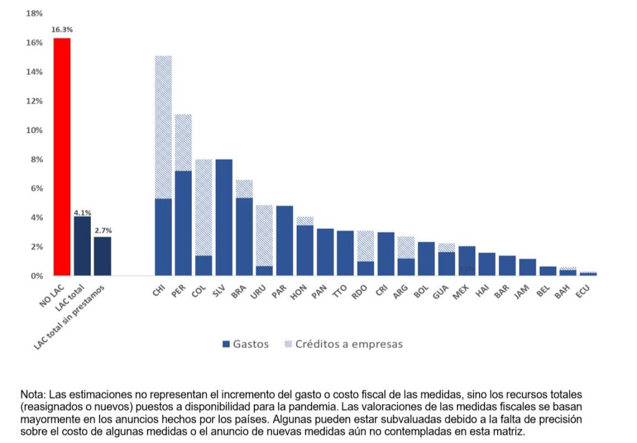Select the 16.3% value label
pyautogui.click(x=62, y=29)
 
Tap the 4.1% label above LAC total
pyautogui.click(x=82, y=212)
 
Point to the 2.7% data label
pyautogui.click(x=103, y=231)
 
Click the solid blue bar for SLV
pyautogui.click(x=224, y=218)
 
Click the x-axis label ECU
pyautogui.click(x=583, y=292)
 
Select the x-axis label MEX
pyautogui.click(x=462, y=292)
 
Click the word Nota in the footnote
pyautogui.click(x=32, y=395)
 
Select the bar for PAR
pyautogui.click(x=284, y=240)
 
